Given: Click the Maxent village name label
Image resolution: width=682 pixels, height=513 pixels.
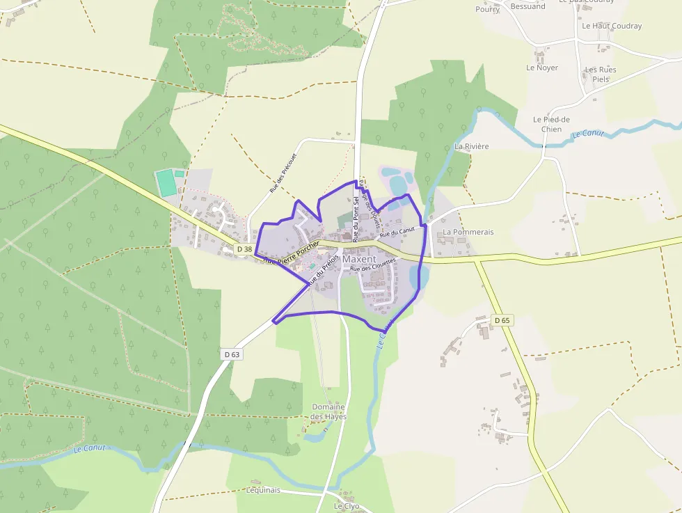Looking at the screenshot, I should tap(359, 259).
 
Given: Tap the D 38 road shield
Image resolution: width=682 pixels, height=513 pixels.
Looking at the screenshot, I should tap(244, 248).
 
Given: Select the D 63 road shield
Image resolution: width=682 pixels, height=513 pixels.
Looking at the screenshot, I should tap(232, 354).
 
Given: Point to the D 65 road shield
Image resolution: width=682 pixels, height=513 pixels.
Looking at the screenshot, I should tap(502, 320).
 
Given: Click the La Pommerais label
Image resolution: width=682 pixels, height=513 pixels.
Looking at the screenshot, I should tap(468, 232).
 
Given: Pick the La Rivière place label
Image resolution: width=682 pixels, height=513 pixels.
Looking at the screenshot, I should tap(472, 147).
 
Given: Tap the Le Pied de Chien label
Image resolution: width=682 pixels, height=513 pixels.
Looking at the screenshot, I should tap(551, 124).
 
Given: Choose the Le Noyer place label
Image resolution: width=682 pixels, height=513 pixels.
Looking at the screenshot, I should tap(542, 68).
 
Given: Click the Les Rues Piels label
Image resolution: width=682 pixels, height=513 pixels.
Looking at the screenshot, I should tap(600, 74).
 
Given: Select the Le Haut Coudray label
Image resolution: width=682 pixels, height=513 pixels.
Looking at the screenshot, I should tap(612, 26).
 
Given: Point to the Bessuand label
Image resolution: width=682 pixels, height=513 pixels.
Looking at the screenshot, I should tap(528, 7).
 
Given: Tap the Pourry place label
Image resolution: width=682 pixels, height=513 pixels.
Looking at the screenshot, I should tap(488, 10).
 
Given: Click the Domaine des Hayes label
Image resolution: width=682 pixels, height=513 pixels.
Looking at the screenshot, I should tap(328, 411).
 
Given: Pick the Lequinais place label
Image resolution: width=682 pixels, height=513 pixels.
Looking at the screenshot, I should tap(263, 490).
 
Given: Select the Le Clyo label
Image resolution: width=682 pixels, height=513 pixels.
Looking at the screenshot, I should tap(347, 506).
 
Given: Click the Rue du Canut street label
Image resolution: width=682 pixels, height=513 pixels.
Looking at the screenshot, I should tap(397, 232).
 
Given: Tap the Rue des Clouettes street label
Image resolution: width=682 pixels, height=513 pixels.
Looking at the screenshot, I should tap(373, 265).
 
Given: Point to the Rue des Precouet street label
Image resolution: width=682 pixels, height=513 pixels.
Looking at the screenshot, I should tap(283, 173).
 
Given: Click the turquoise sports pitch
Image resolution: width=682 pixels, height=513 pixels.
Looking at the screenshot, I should tap(166, 183).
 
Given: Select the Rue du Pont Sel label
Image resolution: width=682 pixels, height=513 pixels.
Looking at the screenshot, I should tap(356, 219).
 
